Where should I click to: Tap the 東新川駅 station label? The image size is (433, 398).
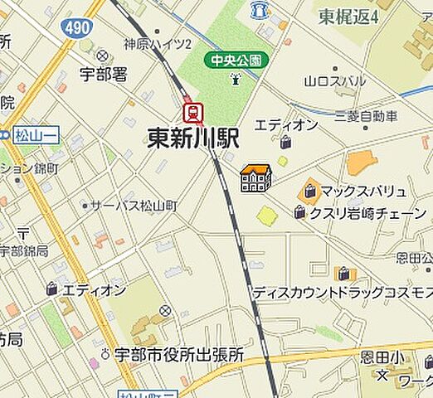pyautogui.click(x=193, y=138)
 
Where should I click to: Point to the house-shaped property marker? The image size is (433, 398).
pyautogui.click(x=256, y=178)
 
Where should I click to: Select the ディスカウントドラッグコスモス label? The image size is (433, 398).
pyautogui.click(x=343, y=293)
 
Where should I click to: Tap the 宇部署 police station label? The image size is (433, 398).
pyautogui.click(x=104, y=74)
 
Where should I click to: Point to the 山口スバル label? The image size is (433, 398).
pyautogui.click(x=335, y=81)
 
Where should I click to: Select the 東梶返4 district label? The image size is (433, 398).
pyautogui.click(x=348, y=16)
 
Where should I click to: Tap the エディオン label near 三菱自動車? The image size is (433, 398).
pyautogui.click(x=286, y=124)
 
